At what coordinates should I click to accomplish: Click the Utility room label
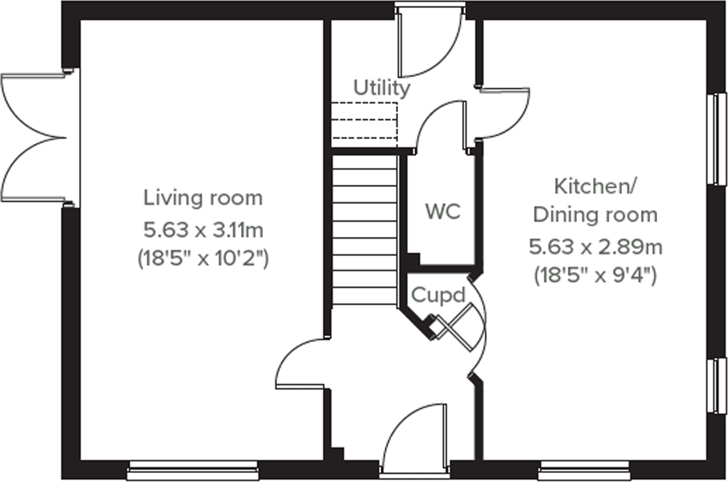(381, 88)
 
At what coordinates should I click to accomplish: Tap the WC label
(443, 212)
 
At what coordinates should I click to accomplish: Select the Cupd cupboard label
(438, 295)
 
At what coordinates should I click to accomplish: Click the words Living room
(203, 198)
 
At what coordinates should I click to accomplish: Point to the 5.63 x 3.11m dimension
(203, 230)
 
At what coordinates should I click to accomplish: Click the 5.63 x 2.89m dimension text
(595, 247)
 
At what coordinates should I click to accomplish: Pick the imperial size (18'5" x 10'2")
(203, 258)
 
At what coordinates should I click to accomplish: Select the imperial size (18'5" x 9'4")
(595, 276)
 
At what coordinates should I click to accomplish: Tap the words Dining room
(595, 215)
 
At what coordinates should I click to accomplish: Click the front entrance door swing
(415, 434)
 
